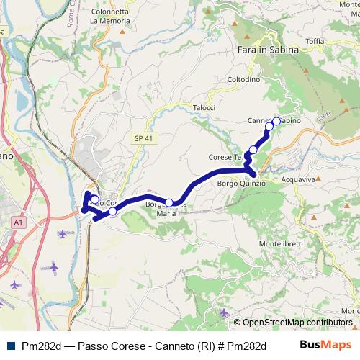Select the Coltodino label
(x=243, y=79)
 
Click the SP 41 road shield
(x=143, y=137)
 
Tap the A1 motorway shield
(x=17, y=224)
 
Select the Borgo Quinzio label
(x=241, y=184)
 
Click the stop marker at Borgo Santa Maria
(x=169, y=203)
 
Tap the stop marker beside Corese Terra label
(x=253, y=150)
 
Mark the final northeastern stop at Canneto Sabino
(x=276, y=121)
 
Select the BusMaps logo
(x=325, y=345)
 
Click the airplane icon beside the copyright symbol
(x=225, y=312)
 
